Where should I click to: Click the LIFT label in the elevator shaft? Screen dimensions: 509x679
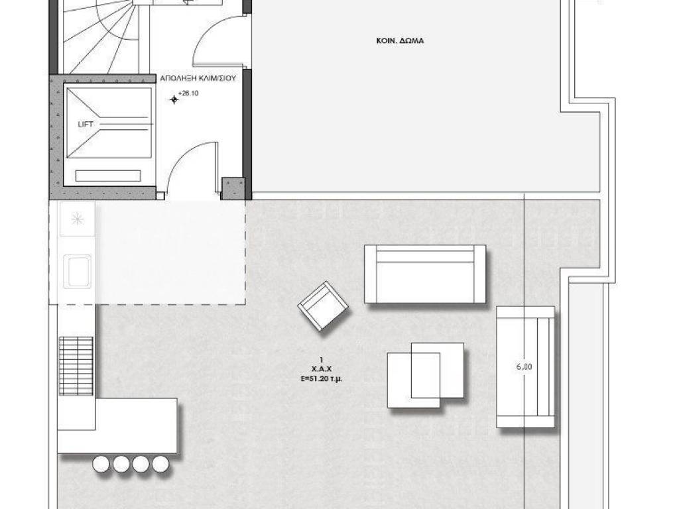point(86,125)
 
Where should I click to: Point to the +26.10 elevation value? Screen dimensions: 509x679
point(188,93)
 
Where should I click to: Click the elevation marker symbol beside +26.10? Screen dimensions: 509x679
point(174,100)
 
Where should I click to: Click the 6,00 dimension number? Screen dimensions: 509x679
point(524,367)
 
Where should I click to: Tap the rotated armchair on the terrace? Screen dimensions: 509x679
point(323,306)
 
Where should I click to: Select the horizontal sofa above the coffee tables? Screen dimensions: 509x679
point(425,274)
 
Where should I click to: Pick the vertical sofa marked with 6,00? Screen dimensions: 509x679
point(525,367)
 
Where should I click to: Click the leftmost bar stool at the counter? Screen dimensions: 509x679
point(101,464)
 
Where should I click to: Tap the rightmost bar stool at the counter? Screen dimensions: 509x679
point(160,464)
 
